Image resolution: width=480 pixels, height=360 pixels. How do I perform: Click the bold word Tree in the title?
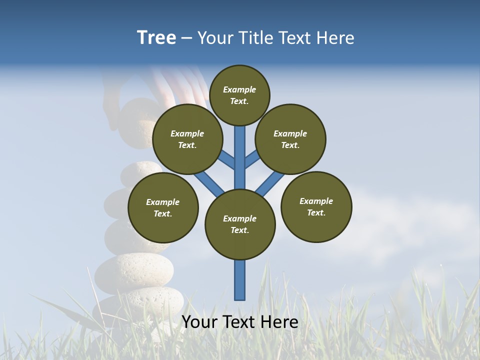click(156, 37)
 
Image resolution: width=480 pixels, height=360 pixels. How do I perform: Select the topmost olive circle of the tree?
click(239, 95)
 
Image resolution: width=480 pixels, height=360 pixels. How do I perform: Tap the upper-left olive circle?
click(187, 139)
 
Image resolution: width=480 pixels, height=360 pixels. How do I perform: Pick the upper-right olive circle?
click(290, 139)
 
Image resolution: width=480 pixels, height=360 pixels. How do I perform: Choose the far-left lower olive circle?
click(163, 207)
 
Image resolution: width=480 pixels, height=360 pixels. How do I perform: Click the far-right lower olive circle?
click(316, 206)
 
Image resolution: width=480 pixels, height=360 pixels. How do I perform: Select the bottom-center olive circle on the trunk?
click(240, 224)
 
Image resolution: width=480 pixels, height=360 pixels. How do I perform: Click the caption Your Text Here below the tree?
click(240, 322)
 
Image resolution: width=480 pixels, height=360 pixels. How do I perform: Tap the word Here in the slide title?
click(337, 37)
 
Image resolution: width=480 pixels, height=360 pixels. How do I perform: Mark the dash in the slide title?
click(186, 38)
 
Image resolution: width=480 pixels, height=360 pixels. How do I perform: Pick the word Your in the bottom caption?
click(199, 322)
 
